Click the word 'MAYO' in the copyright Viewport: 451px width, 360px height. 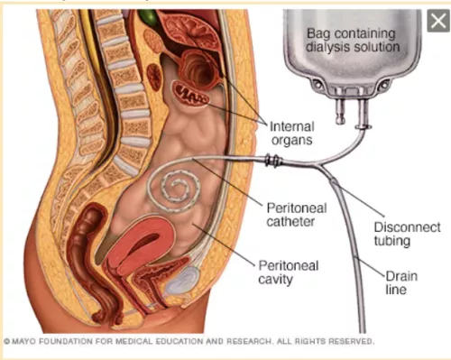[x=25, y=342]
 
